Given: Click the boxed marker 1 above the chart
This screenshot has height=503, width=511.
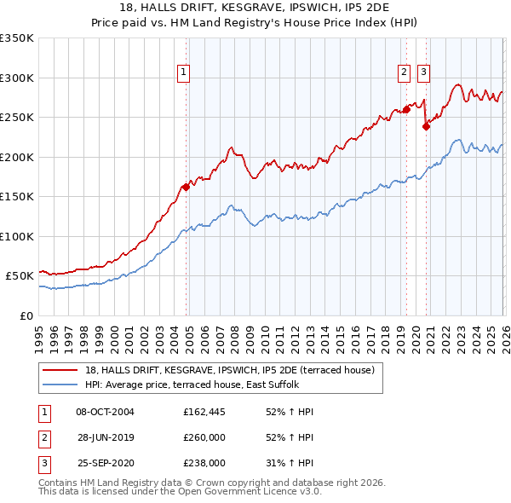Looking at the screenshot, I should pos(183,72).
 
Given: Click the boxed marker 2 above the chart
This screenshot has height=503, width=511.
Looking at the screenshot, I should pos(404,72).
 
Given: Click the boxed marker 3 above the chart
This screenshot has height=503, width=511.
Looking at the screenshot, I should pos(423,72).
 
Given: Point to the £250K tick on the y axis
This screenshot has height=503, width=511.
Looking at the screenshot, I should pos(17,118).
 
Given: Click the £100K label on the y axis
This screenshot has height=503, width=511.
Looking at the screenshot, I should pos(17,236).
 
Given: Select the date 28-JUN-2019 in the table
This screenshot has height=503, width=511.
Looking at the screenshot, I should pos(105,437).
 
